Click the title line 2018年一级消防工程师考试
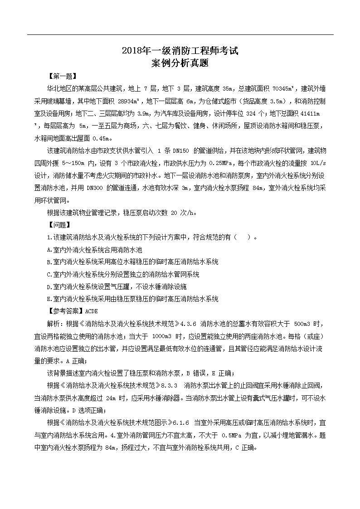point(180,51)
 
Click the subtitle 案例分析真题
point(180,63)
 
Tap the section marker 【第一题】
point(62,76)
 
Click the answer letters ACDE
point(91,311)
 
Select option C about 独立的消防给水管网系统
point(123,274)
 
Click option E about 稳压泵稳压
point(133,299)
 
